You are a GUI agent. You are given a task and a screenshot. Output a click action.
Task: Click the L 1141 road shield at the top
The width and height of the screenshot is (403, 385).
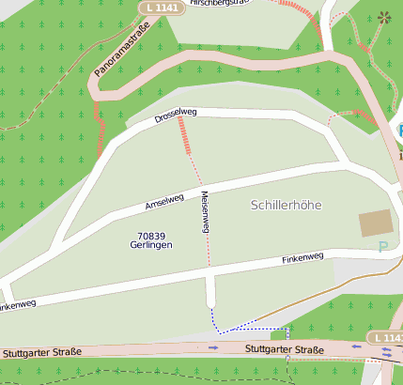tap(163, 8)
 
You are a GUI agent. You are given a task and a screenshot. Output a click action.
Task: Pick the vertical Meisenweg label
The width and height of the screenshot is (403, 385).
tap(204, 212)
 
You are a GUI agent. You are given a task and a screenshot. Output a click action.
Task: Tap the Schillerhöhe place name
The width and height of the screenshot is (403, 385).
tap(287, 204)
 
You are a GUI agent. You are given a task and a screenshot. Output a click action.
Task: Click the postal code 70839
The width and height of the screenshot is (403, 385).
tap(151, 236)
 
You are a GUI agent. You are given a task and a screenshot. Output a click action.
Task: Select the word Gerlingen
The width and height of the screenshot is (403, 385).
tap(151, 245)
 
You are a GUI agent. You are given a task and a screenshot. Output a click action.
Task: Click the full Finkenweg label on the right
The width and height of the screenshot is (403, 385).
tap(302, 256)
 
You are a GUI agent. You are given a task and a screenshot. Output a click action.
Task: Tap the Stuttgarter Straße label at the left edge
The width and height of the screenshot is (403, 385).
tap(41, 352)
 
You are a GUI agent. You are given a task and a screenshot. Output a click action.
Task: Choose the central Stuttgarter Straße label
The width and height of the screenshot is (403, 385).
tap(284, 350)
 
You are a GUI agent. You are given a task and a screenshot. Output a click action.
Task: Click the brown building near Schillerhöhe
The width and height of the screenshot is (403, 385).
tap(376, 223)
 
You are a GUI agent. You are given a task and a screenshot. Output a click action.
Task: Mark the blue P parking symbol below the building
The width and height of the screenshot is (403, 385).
tap(381, 247)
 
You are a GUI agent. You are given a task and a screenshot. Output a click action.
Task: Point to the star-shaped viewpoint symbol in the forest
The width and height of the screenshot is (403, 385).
tap(383, 17)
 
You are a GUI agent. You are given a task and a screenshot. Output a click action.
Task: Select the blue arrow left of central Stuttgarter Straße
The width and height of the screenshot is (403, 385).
tap(214, 347)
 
